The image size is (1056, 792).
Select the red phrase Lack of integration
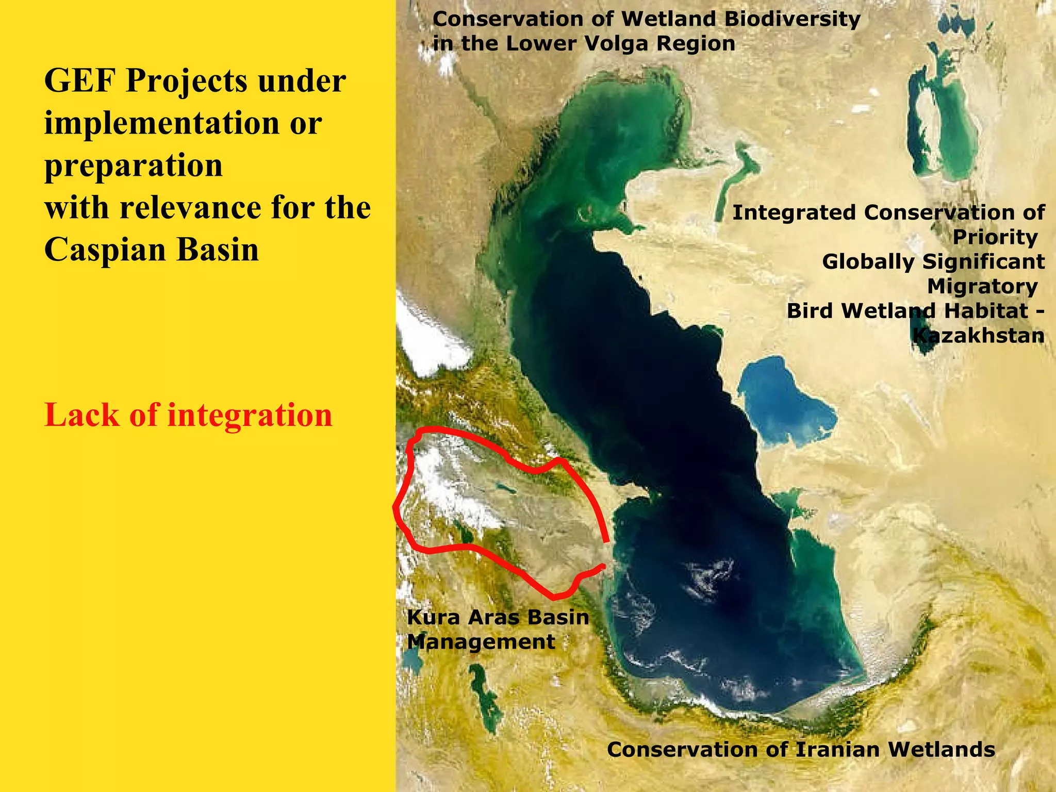188,415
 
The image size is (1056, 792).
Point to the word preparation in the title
134,166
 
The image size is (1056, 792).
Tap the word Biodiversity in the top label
792,19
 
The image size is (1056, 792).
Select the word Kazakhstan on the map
978,336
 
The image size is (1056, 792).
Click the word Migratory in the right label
982,287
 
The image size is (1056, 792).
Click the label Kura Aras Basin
498,617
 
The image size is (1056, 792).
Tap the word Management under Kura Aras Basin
481,642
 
